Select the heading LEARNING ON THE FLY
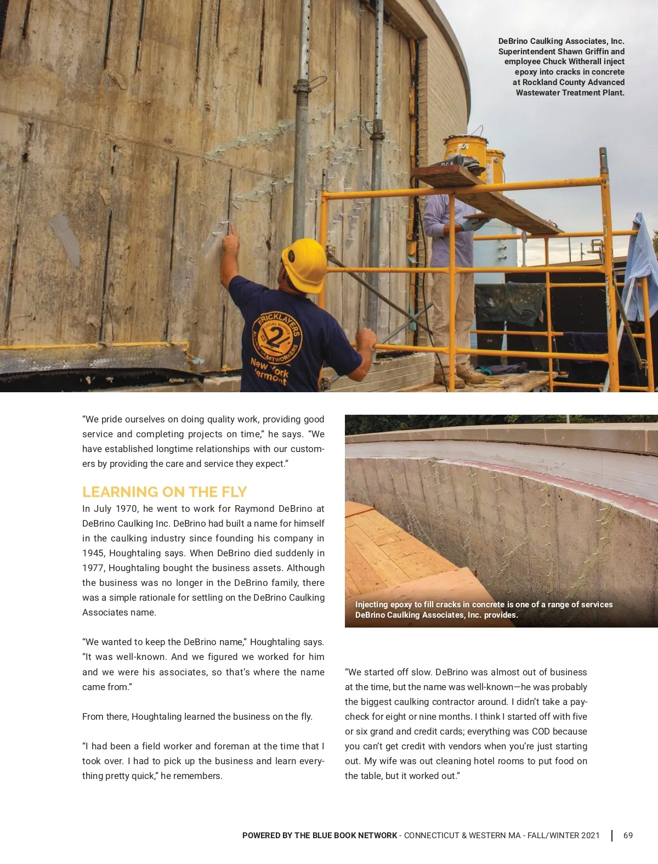164,492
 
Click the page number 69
628,835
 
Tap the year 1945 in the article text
93,553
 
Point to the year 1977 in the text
93,568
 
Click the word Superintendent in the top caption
527,52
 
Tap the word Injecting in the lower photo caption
372,605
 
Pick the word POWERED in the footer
261,835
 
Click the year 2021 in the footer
590,835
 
